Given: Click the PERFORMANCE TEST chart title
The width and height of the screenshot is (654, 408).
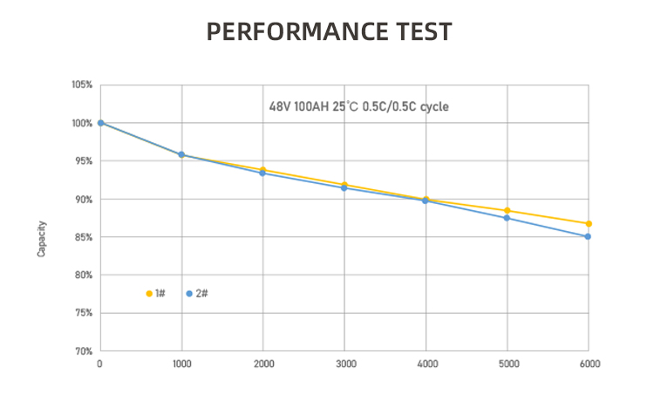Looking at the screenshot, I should (329, 32).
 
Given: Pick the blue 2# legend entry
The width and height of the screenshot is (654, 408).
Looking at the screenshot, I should (196, 294).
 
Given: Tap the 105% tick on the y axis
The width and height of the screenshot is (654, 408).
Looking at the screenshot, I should (82, 85).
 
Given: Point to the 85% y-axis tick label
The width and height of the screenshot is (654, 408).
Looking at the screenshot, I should (82, 237).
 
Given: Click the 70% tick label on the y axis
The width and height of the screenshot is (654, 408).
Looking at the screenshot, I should (82, 351).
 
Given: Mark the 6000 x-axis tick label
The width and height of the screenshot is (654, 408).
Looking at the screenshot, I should (589, 364).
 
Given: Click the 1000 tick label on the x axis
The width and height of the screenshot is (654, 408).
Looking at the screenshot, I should (181, 364).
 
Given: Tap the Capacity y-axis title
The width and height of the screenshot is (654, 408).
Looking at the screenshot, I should (41, 238).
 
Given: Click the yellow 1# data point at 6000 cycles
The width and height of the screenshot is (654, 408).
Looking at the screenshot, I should (589, 224).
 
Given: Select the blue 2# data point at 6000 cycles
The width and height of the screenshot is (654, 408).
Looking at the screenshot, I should (589, 236).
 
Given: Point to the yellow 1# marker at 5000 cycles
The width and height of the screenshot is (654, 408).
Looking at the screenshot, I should (508, 210).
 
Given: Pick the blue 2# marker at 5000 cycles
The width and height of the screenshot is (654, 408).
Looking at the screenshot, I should (508, 218).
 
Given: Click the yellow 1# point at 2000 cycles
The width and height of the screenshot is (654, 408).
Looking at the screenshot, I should (263, 169).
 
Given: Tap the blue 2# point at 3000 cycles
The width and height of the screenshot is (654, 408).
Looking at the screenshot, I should (344, 187).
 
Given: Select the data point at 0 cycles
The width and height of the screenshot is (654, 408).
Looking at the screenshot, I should (100, 123).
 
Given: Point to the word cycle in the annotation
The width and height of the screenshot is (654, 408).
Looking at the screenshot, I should (434, 107).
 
